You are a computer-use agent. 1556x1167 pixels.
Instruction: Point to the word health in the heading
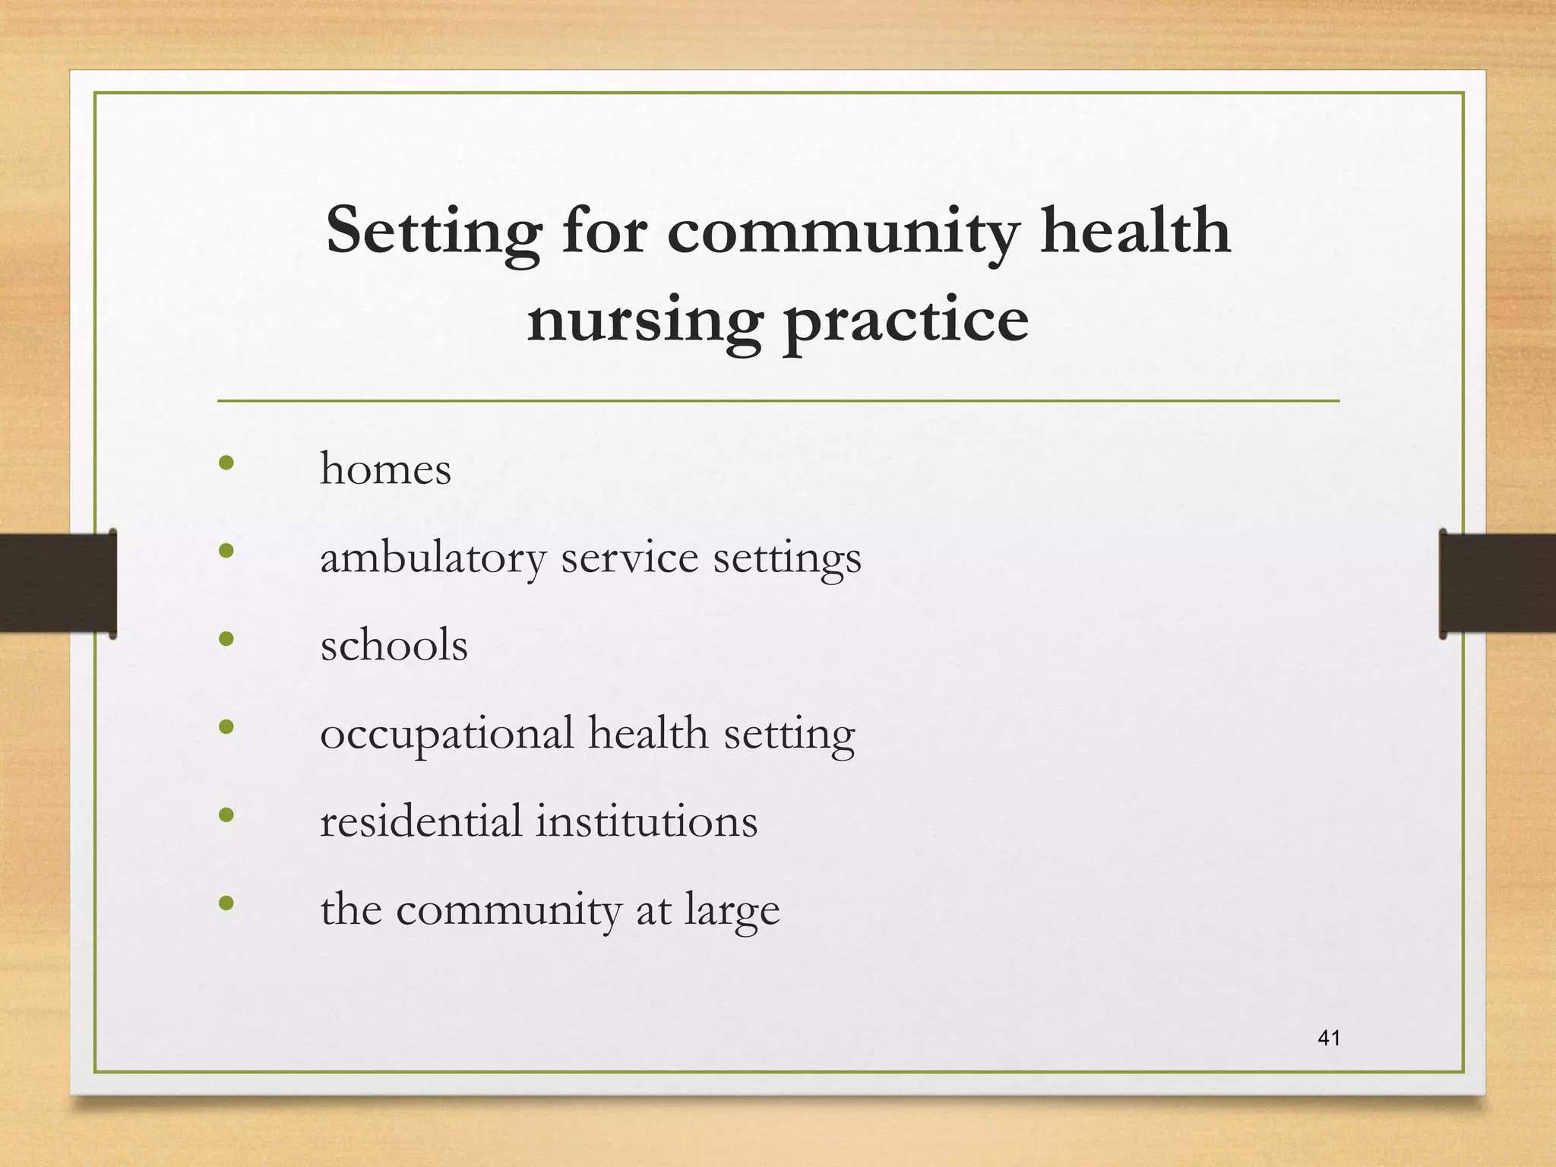tap(1135, 231)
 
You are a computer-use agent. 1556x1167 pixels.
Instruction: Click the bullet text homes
tap(385, 469)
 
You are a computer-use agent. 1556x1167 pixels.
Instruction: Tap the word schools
tap(394, 646)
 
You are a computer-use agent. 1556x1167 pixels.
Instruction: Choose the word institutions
tap(647, 821)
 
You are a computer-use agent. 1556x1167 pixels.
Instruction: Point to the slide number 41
tap(1329, 1038)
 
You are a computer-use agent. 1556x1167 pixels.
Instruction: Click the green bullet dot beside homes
tap(226, 463)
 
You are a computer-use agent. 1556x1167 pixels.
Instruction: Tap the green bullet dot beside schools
tap(226, 639)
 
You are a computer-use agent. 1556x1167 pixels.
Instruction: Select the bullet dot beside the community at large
tap(226, 903)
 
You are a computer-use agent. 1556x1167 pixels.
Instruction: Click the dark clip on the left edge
tap(58, 583)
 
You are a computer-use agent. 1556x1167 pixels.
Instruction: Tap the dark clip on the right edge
tap(1497, 583)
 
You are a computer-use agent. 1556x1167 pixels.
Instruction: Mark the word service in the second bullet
tap(629, 558)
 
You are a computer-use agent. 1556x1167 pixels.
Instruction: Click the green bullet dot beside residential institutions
tap(226, 815)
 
